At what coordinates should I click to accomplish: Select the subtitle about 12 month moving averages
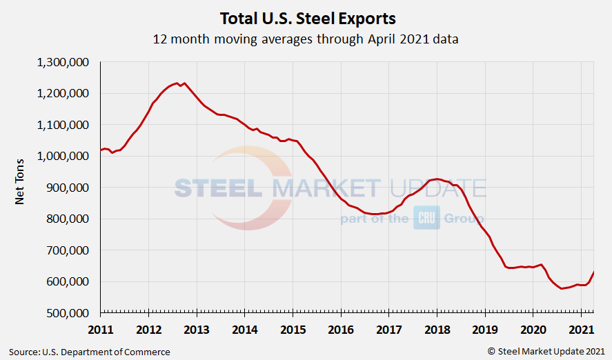(x=306, y=39)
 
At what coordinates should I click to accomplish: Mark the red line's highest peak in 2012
(x=177, y=83)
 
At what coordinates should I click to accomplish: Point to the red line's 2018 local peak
(x=437, y=179)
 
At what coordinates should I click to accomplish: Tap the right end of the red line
(x=593, y=272)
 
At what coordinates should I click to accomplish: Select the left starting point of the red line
(x=101, y=150)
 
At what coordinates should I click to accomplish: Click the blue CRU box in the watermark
(x=426, y=218)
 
